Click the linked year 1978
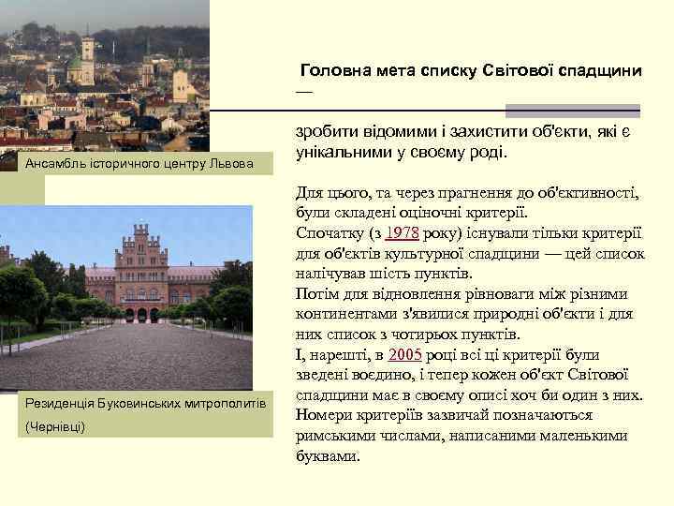coord(404,234)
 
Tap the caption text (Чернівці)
coord(55,426)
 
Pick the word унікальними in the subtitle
coord(342,153)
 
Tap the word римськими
coord(340,436)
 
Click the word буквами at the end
coord(328,455)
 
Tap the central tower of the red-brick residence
coord(139,247)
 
